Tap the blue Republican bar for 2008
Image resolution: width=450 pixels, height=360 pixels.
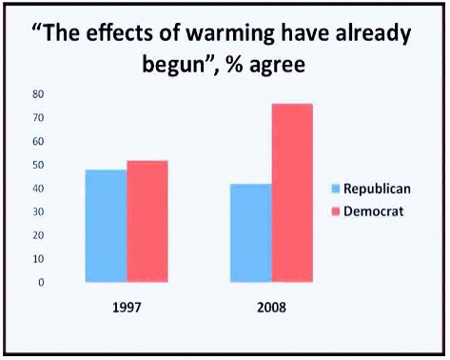(250, 232)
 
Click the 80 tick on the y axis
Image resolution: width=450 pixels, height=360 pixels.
(39, 95)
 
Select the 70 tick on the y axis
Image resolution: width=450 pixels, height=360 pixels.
(39, 119)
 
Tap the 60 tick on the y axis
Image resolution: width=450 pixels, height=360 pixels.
(39, 142)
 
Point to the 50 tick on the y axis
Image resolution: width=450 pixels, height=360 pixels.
(39, 166)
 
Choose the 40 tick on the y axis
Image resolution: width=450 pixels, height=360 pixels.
(39, 189)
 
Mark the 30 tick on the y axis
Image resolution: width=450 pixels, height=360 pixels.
(39, 212)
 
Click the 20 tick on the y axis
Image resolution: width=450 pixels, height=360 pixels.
(39, 235)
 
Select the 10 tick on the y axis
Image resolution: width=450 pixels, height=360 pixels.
(39, 259)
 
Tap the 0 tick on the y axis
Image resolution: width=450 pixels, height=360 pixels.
(41, 282)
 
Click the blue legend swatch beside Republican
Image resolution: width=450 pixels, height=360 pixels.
(334, 188)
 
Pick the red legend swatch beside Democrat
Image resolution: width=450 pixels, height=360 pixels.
(334, 210)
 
